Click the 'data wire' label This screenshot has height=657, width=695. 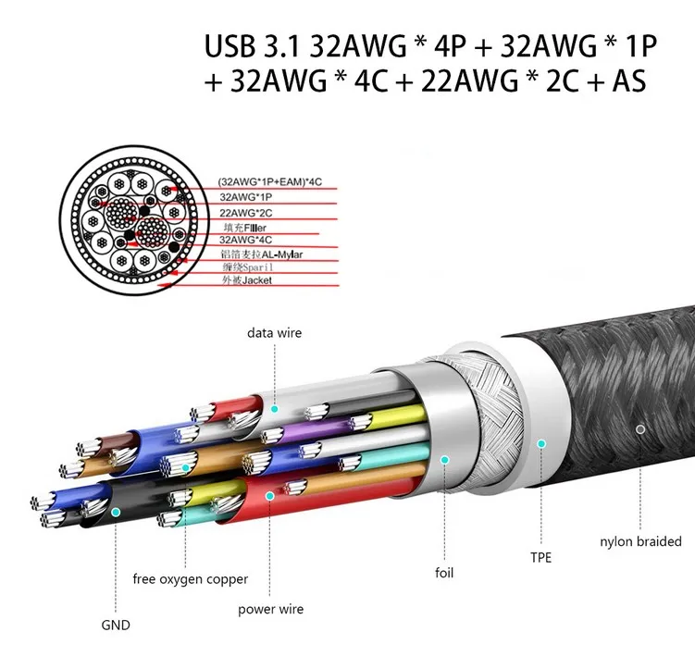coord(274,333)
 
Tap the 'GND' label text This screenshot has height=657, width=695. coord(116,626)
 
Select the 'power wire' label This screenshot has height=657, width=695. coord(271,609)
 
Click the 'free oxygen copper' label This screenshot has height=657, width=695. coord(190,579)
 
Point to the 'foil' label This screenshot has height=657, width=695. coord(444,573)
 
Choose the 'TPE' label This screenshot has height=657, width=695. coord(540,557)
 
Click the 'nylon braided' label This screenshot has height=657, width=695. coord(640,541)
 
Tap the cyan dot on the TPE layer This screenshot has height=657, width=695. coord(541,443)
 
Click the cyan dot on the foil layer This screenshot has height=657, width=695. coord(444,460)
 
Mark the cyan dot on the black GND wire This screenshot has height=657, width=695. coord(116,513)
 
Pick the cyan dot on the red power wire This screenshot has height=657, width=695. coord(269,496)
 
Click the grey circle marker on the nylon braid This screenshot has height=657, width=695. coord(640,429)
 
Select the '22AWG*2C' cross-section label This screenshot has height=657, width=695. coord(246,213)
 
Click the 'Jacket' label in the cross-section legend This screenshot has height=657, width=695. coord(257,280)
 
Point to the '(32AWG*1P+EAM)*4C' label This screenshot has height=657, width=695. coord(270,181)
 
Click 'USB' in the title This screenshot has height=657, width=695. coord(230,45)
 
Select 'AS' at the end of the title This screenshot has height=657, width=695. coord(629,81)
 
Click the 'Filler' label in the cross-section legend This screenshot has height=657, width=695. coord(254,228)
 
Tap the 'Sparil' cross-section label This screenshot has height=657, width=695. coord(258,267)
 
